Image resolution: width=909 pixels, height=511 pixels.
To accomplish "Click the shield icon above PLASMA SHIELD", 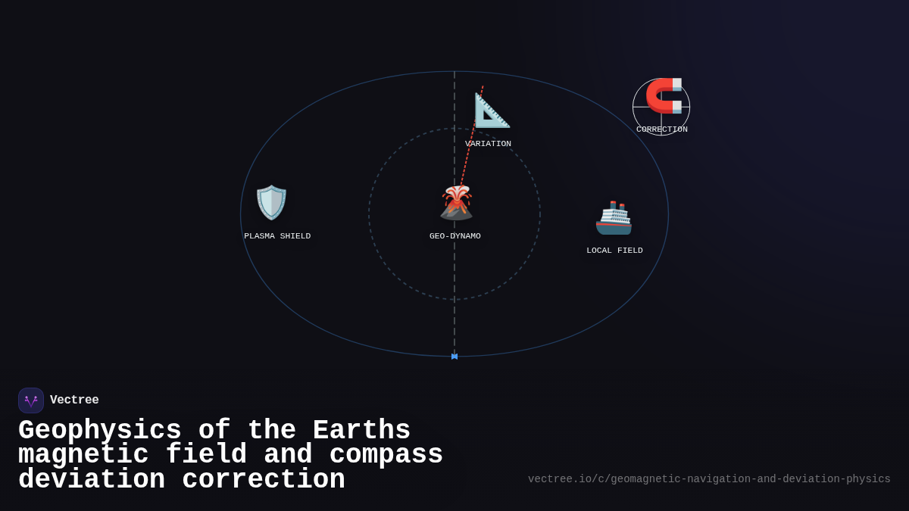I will (x=271, y=202).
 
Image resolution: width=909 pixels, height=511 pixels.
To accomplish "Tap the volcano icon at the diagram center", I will (x=456, y=202).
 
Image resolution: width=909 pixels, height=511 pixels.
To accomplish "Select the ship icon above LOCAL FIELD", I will (x=614, y=218).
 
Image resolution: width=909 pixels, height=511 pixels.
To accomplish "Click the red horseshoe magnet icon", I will (x=664, y=95).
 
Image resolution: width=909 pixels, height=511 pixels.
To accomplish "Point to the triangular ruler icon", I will (x=492, y=110).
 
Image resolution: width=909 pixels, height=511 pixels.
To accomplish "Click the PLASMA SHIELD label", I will (x=277, y=236).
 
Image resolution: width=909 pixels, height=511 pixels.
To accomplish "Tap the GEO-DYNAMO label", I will (x=455, y=236).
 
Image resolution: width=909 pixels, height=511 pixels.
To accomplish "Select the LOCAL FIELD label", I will (x=614, y=251).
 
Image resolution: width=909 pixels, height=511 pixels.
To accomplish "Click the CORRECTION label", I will (x=662, y=129).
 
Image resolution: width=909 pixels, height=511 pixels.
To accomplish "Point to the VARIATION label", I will (x=488, y=144).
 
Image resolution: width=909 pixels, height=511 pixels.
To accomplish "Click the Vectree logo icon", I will (x=31, y=400).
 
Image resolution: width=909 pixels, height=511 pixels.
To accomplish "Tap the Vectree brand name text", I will (x=74, y=400).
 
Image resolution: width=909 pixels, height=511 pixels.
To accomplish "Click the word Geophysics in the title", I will (x=99, y=431).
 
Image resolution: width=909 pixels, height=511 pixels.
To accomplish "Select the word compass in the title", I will (x=386, y=455).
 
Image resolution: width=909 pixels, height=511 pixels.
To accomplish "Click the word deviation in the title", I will (x=91, y=480).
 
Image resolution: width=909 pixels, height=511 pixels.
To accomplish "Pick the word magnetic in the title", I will (x=83, y=455).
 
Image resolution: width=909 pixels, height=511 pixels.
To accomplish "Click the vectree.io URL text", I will (x=709, y=479).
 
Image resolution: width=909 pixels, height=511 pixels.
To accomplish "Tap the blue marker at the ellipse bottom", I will (x=454, y=356).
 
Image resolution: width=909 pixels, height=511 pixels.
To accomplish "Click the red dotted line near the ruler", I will (x=467, y=151).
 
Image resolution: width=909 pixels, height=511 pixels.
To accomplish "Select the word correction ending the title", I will (x=264, y=480).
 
